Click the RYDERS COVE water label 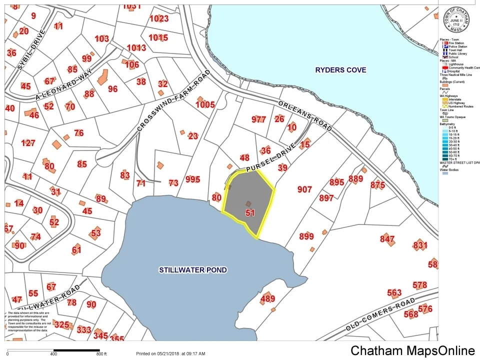tap(340, 70)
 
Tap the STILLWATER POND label tap(193, 270)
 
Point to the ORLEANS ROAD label tap(304, 115)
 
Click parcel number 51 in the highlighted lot tap(250, 212)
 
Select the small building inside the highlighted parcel tap(248, 203)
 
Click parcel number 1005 tap(205, 104)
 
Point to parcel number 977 tap(258, 119)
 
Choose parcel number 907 tap(304, 189)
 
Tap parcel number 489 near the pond tap(268, 299)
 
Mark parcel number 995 tap(192, 179)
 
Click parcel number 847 tap(387, 239)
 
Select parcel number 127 tap(28, 143)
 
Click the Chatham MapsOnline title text tap(412, 350)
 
